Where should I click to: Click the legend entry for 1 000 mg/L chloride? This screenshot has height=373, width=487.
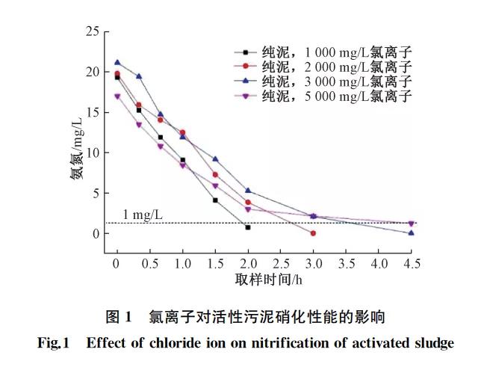[329, 52]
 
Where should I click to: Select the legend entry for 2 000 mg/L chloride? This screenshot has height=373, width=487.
[329, 67]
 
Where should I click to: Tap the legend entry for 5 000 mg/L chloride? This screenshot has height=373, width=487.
[329, 96]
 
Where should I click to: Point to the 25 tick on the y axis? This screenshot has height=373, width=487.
[93, 32]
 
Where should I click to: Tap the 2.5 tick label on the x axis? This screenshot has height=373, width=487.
[281, 264]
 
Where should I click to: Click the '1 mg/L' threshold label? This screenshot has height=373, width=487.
[143, 215]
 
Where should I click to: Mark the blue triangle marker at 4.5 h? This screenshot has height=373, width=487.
[412, 232]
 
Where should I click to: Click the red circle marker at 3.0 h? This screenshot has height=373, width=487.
[313, 233]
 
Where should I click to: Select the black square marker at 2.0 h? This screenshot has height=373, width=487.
[248, 227]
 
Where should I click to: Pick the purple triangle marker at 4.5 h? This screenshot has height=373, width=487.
[412, 224]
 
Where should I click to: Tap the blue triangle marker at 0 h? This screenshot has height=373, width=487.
[117, 63]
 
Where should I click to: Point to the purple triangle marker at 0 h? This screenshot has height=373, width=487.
[117, 96]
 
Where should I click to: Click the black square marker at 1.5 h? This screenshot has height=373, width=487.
[215, 200]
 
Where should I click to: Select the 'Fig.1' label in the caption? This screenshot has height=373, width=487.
[53, 344]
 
